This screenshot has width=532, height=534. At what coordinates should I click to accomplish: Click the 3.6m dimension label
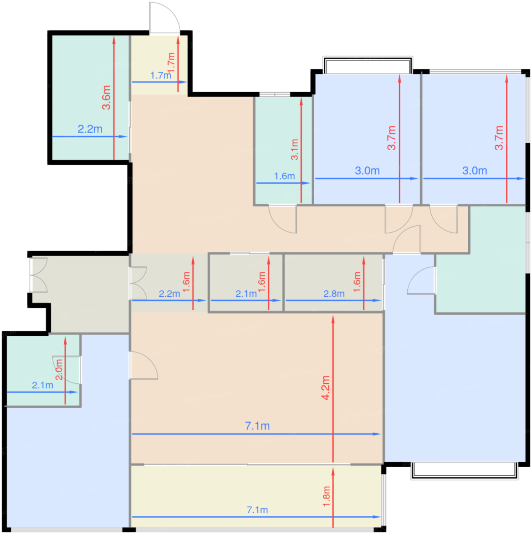(106, 97)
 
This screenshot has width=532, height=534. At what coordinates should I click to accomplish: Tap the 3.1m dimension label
(294, 150)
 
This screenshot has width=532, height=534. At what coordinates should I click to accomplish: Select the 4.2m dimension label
(326, 388)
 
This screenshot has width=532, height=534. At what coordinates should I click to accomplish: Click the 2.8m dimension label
(334, 294)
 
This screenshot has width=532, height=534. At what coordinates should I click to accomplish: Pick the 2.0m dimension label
(59, 369)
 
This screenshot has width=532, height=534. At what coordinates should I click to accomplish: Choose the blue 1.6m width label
(284, 176)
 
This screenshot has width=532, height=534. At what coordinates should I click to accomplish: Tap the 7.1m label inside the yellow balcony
(257, 510)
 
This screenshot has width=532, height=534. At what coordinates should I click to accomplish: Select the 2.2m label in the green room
(90, 129)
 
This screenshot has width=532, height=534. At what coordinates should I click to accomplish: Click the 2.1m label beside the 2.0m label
(42, 385)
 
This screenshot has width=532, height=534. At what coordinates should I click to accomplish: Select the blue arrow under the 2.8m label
(333, 301)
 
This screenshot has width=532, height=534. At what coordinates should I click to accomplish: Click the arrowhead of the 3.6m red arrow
(114, 40)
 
